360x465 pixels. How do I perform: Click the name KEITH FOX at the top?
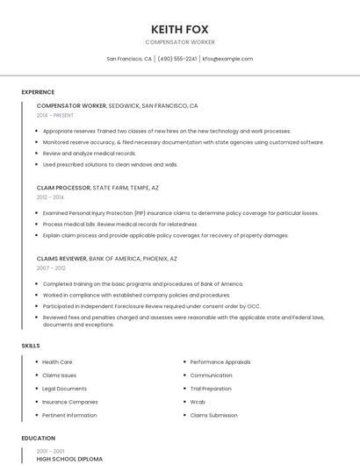(179, 29)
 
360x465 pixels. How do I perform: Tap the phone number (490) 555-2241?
(177, 59)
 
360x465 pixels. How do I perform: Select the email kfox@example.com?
(227, 59)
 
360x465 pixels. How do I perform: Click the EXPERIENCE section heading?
(38, 92)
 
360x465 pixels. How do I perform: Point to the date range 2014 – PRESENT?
(55, 115)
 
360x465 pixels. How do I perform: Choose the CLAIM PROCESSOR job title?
(63, 188)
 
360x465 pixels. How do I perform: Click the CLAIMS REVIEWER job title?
(61, 259)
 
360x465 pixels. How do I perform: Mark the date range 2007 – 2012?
(51, 268)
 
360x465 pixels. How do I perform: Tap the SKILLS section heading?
(31, 346)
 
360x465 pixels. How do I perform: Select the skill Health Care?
(57, 361)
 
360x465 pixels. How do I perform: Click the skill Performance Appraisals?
(220, 361)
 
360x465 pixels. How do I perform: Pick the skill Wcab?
(198, 402)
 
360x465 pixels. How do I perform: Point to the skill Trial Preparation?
(211, 389)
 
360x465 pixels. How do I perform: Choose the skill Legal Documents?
(64, 389)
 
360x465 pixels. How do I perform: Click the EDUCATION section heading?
(38, 438)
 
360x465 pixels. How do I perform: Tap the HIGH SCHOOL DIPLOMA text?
(69, 459)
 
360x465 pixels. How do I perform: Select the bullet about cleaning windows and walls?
(110, 164)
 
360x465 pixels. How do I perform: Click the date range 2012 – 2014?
(50, 197)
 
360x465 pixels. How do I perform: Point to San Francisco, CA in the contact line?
(129, 59)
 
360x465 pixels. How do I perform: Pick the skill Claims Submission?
(213, 415)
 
